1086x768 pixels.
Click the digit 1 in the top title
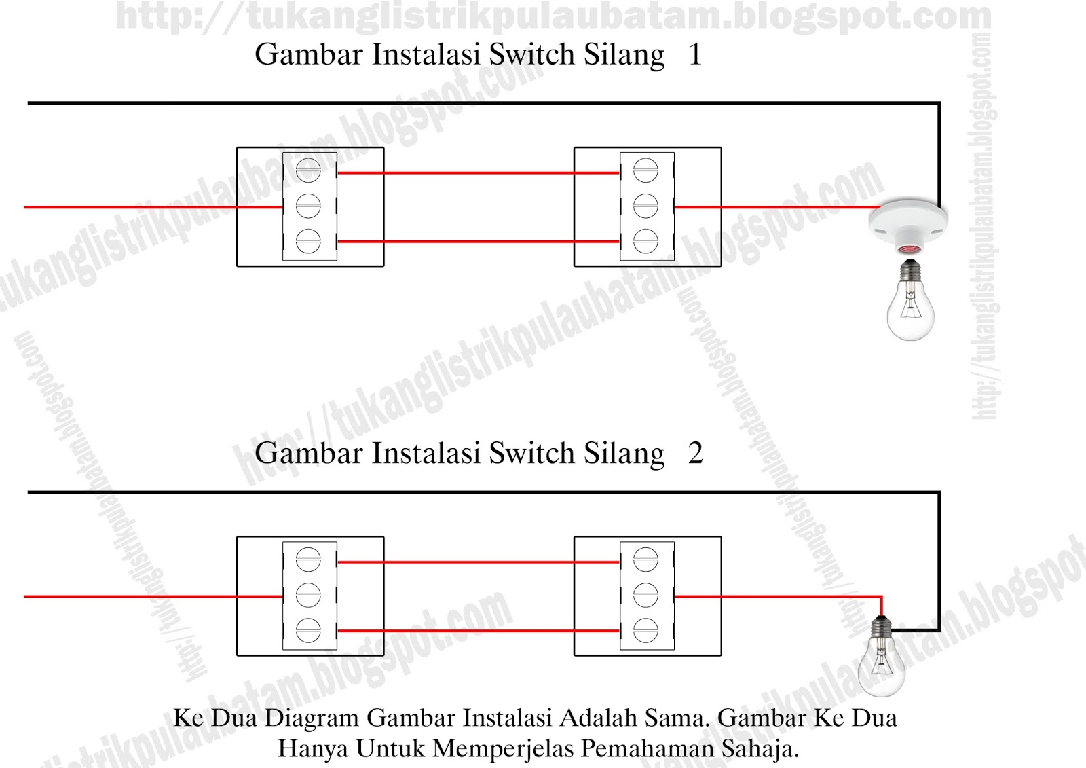(x=694, y=55)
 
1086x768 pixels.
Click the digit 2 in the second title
(x=695, y=454)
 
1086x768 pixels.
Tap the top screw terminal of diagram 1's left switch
(x=308, y=170)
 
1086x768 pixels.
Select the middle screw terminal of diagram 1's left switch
(x=308, y=206)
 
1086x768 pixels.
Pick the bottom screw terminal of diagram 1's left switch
(x=308, y=241)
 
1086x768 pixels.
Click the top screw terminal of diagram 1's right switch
(x=645, y=170)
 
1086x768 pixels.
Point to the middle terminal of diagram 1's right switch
(x=645, y=206)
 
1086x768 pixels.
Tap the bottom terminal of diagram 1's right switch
(x=645, y=241)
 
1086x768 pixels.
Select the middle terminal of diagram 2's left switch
(x=308, y=596)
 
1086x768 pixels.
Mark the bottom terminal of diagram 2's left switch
(x=308, y=631)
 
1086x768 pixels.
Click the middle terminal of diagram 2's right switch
(x=645, y=596)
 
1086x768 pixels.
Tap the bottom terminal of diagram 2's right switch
(x=645, y=631)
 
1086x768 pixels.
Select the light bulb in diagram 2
(x=881, y=665)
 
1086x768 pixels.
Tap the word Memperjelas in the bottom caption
(x=505, y=748)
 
